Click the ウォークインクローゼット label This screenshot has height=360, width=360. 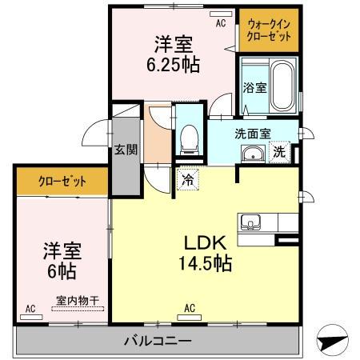[269, 30]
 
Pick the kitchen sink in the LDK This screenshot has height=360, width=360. [249, 221]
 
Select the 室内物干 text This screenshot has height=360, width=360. [77, 302]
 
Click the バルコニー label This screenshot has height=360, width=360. [158, 341]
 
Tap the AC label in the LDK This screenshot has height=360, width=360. [190, 307]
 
